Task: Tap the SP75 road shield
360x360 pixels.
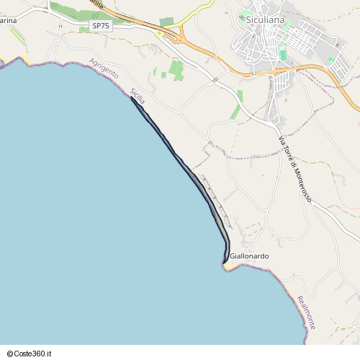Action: coord(101,26)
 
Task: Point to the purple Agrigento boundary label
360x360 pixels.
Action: coord(104,73)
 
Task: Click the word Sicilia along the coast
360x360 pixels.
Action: coord(138,96)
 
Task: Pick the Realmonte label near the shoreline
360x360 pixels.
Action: coord(305,312)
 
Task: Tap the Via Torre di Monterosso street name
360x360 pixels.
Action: coord(294,168)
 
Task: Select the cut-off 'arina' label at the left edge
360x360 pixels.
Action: coord(9,20)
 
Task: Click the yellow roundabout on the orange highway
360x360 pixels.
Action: coord(158,33)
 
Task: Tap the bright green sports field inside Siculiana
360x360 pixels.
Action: coord(283,53)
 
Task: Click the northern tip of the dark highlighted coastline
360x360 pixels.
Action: coord(132,98)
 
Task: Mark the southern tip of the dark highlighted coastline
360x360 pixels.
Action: coord(225,262)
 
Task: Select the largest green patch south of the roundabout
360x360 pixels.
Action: coord(176,70)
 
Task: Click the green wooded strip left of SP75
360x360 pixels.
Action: coord(72,13)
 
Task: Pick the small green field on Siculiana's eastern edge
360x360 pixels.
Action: coord(330,60)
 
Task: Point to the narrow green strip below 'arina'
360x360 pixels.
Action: coord(17,36)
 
